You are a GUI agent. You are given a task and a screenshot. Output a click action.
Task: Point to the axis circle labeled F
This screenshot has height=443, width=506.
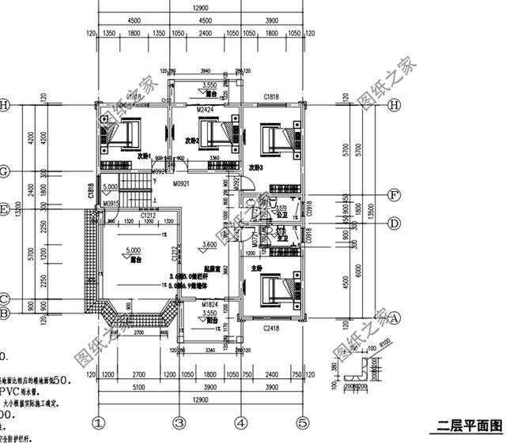pos(393,194)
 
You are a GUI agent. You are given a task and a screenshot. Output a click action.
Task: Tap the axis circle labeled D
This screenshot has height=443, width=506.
pos(393,223)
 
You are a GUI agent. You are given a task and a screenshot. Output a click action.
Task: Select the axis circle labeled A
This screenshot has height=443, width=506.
pos(393,317)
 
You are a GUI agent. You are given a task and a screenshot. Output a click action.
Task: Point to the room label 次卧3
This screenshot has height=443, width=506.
pos(255,167)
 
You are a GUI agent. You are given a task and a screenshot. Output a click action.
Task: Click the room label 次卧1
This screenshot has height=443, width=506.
pos(142,156)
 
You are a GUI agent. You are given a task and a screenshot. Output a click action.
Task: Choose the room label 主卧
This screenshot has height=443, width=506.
pos(257,268)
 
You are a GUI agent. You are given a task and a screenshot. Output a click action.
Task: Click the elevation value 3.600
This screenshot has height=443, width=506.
pos(209,245)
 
